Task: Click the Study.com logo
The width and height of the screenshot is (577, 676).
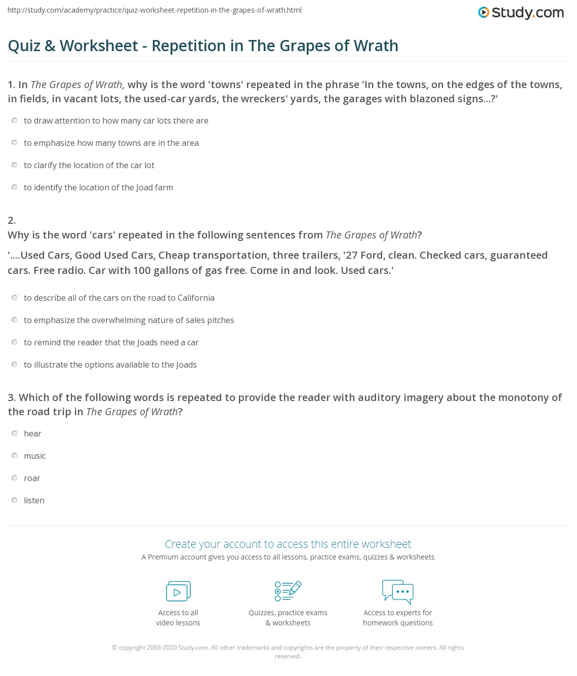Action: coord(521,13)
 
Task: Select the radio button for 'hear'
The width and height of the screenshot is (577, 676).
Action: coord(15,433)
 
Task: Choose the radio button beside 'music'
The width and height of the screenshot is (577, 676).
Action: coord(15,456)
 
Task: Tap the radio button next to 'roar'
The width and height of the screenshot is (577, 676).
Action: coord(15,478)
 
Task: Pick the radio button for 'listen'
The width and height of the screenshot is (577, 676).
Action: coord(15,500)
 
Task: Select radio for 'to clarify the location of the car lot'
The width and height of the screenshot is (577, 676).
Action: coord(15,165)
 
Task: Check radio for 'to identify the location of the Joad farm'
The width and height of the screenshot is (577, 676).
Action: coord(15,187)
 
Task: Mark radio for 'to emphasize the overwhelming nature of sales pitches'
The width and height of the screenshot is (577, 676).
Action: coord(15,320)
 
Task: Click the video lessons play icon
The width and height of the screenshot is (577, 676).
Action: coord(178,591)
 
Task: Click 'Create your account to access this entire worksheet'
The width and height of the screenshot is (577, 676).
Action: coord(288,544)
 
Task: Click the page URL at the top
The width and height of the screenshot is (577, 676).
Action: coord(154,10)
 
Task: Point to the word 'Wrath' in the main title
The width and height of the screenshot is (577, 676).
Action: coord(377,46)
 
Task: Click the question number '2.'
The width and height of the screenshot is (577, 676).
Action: coord(12,220)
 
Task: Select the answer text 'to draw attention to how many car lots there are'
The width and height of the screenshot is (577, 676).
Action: coord(116,121)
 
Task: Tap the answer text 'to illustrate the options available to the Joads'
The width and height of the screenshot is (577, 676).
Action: coord(110,365)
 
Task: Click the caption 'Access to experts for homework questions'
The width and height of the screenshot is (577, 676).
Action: coord(398,618)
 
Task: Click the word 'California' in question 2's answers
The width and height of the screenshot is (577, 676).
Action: coord(195,298)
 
